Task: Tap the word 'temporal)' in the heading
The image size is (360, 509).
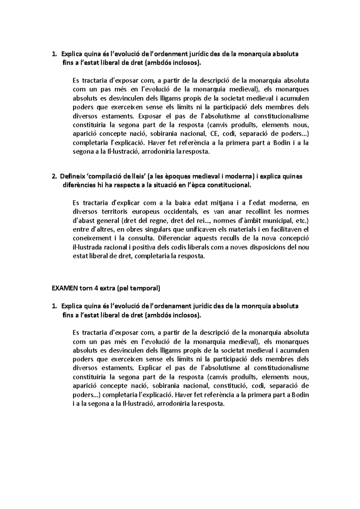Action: pos(147,289)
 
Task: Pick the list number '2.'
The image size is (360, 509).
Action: pos(54,176)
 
